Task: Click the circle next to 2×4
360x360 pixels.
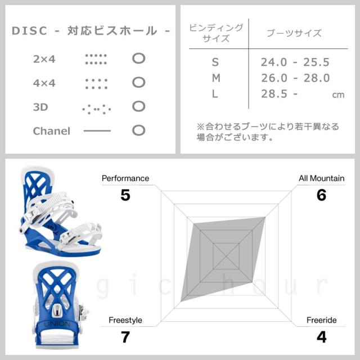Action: coord(138,58)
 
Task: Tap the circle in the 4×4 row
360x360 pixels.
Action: coord(138,83)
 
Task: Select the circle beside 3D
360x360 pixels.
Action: coord(138,106)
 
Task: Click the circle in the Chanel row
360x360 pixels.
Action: coord(138,130)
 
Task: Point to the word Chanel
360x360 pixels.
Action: coord(52,131)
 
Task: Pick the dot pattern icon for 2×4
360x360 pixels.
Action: coord(96,58)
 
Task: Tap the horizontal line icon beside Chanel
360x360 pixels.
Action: coord(97,131)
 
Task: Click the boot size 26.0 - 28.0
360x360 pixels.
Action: coord(295,78)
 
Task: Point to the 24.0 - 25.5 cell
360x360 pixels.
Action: coord(295,62)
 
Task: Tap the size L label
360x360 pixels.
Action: coord(215,94)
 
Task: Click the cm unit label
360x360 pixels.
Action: coord(338,95)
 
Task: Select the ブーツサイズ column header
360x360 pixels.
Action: coord(294,33)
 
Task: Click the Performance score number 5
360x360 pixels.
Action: coord(125,195)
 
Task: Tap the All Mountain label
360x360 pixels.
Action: coord(321,179)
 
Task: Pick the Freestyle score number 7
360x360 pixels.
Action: coord(125,337)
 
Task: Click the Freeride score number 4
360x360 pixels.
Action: coord(322,337)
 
